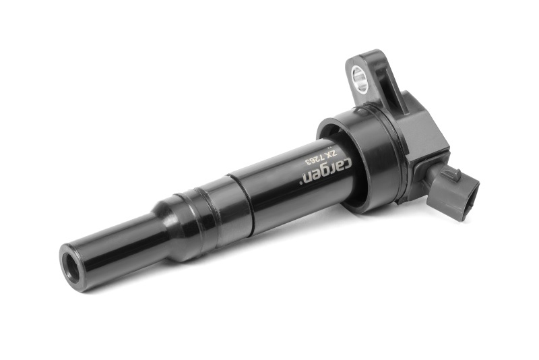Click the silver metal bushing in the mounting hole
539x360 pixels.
pyautogui.click(x=360, y=79)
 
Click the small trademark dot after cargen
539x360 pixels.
pyautogui.click(x=303, y=183)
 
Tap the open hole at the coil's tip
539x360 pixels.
pyautogui.click(x=72, y=266)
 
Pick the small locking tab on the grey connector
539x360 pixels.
pyautogui.click(x=452, y=173)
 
